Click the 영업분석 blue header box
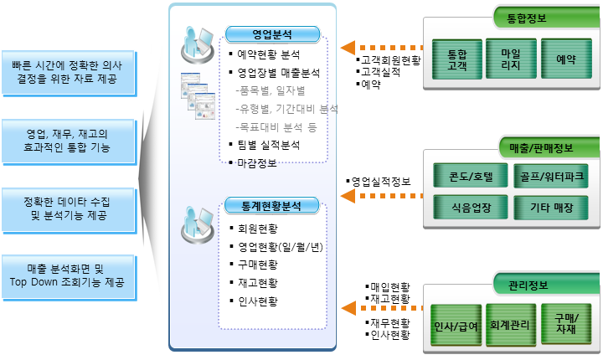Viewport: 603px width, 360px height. pos(274,34)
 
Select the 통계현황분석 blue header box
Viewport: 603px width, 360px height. pos(274,204)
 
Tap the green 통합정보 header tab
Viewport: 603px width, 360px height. pos(533,15)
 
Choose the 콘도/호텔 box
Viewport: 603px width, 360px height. pos(466,176)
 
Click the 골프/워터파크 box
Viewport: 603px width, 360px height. pos(552,176)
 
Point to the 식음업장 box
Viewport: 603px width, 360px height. pos(466,206)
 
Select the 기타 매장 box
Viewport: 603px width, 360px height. pos(552,206)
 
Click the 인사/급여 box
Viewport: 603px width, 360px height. pos(456,325)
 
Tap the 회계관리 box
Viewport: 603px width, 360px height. pos(510,325)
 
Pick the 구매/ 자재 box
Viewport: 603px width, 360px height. pos(564,325)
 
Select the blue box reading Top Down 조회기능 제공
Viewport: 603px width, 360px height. pos(70,277)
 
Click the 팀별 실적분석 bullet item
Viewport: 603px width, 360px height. pos(268,145)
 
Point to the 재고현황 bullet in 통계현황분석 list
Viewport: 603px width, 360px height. pos(258,282)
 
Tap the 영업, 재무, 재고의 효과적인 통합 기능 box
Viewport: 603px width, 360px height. pos(70,139)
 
